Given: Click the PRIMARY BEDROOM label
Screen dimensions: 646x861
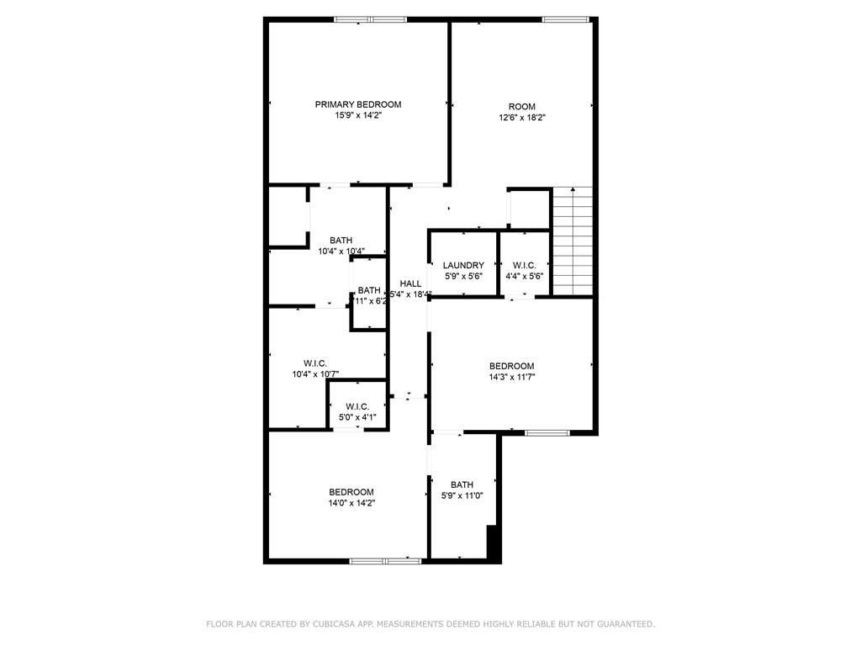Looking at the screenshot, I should [358, 104].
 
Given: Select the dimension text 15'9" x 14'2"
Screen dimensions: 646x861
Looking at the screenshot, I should [358, 115].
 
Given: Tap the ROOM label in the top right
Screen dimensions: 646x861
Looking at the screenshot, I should [521, 107].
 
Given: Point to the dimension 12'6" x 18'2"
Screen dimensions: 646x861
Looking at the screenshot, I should [521, 118].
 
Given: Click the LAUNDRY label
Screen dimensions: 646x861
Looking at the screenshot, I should [463, 265].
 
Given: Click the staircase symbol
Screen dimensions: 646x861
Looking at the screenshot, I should [573, 241].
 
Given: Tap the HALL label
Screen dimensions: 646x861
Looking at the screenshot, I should [410, 283].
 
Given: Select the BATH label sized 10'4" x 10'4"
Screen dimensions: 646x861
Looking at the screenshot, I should [341, 240].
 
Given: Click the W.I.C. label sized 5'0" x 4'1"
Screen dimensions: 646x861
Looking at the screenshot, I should [357, 407].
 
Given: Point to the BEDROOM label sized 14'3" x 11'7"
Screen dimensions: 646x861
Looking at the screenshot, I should [512, 366].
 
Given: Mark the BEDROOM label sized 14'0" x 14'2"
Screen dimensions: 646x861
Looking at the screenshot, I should [351, 492].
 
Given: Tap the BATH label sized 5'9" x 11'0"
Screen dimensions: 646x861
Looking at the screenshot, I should [462, 484].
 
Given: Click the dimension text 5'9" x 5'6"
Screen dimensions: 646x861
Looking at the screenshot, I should [463, 276].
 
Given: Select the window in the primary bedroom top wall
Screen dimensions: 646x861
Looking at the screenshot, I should [370, 19].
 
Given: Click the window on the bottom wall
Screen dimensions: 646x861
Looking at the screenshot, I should [385, 560].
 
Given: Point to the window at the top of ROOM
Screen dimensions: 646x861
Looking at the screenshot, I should [564, 19].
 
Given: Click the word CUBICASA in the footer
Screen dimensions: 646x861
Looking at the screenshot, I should [332, 624].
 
